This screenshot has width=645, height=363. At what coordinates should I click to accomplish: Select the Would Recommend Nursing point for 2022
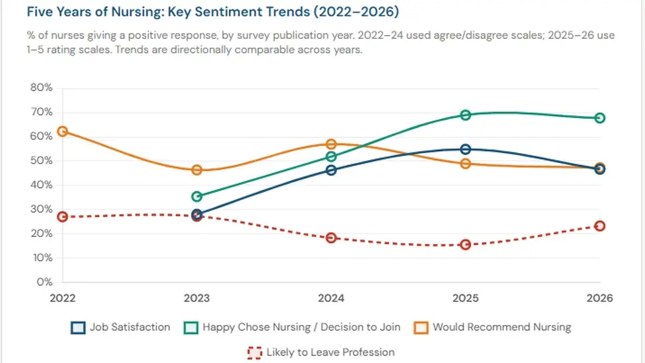pos(63,131)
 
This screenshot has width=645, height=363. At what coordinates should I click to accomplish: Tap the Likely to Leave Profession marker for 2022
pos(63,216)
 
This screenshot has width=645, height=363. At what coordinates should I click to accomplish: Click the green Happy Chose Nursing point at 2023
pos(197,196)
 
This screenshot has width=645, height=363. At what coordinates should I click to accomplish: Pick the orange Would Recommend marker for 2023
pos(197,170)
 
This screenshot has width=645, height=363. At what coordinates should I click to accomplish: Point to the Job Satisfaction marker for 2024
pos(331,170)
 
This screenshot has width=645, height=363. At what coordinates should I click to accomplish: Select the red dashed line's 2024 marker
pos(331,238)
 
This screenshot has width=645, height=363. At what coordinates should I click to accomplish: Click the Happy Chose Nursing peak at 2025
pos(466,115)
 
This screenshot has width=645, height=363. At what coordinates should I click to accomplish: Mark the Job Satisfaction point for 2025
pos(466,149)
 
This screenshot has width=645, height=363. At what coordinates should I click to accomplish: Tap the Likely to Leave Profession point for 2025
pos(466,244)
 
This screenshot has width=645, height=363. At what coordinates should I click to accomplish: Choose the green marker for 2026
pos(599,118)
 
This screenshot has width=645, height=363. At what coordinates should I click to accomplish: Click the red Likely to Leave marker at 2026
pos(599,226)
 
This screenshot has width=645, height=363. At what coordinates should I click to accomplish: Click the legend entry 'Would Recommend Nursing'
pos(492,327)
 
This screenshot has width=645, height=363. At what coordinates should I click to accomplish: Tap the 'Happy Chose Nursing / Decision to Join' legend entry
pos(294,327)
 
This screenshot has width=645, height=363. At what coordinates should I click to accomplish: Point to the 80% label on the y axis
pos(41,88)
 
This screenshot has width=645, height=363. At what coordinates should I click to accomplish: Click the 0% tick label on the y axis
pos(44,282)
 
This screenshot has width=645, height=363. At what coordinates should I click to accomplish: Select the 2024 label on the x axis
pos(331,298)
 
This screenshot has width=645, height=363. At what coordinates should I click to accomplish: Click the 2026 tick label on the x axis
pos(599,298)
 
